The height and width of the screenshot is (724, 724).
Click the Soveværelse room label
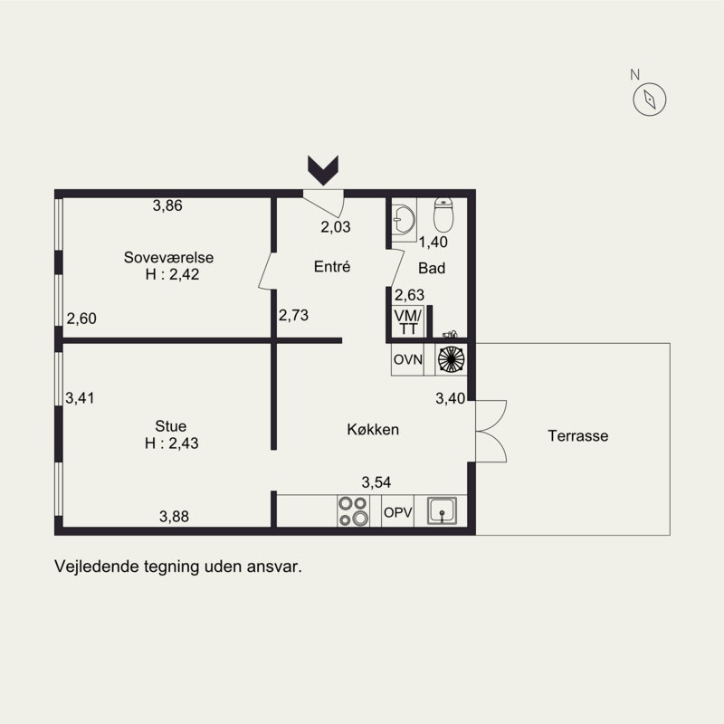pos(168,257)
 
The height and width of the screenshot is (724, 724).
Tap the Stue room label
pos(171,425)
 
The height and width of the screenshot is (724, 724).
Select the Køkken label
pos(373,429)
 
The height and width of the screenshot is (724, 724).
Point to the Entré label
pos(332,266)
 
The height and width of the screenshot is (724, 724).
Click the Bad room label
pos(432,268)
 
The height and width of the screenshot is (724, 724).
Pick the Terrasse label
pos(578,435)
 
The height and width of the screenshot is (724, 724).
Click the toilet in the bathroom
pos(443,215)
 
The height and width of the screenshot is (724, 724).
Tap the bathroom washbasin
pos(404,220)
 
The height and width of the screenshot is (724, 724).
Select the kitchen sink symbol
pos(442,510)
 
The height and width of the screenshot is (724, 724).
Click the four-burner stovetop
pos(353,510)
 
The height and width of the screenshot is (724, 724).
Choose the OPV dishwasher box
pos(398,511)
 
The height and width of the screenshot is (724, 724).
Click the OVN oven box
pos(408,359)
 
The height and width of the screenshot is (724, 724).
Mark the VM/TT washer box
pos(408,322)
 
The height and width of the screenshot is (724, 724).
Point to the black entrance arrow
pos(323,170)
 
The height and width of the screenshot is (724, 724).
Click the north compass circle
pos(649,100)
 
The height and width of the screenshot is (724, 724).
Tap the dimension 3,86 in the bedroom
pos(167,205)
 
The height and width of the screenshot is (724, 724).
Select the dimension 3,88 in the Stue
pos(174,516)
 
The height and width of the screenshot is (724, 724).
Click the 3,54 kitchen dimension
pos(376,482)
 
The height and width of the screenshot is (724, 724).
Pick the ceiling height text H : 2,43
pos(171,443)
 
